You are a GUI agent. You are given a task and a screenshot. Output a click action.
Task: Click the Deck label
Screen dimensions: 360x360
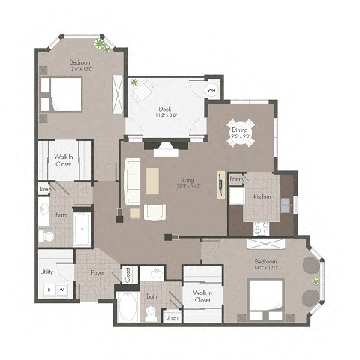point(164,109)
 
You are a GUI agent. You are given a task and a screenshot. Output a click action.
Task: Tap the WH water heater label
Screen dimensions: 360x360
point(211,90)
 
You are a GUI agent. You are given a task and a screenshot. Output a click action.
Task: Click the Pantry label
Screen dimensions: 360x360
point(237,179)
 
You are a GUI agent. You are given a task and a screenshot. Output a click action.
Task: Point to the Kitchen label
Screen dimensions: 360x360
point(262,196)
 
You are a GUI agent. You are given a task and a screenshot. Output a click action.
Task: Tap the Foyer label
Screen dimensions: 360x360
point(97,273)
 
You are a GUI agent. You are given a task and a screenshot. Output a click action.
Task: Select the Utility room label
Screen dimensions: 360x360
point(47,271)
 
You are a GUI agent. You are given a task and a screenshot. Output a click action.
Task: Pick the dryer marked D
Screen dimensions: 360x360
point(49,289)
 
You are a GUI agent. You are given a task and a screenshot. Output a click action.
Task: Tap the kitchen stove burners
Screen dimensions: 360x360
point(262,229)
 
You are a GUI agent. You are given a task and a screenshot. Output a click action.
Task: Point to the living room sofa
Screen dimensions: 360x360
point(132,182)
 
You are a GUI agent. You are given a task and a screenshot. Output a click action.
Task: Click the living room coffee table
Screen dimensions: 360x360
point(153,181)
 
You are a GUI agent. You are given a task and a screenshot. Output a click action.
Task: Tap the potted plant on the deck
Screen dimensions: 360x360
point(134,82)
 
